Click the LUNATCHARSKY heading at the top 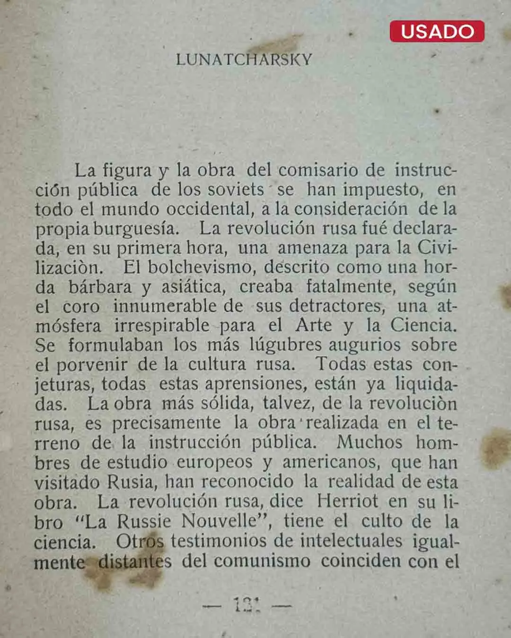pyautogui.click(x=244, y=60)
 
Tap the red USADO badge pyautogui.click(x=437, y=31)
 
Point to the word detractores pyautogui.click(x=337, y=306)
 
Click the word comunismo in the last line pyautogui.click(x=262, y=561)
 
